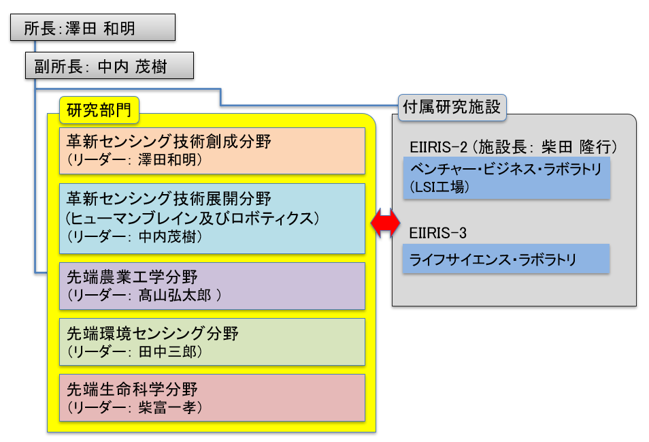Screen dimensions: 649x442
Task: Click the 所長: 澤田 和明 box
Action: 93,27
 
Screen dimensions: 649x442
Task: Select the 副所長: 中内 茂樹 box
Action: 110,65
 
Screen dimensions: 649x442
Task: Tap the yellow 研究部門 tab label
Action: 99,110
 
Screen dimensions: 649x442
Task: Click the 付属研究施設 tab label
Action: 452,108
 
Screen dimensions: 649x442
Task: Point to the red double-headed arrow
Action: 385,223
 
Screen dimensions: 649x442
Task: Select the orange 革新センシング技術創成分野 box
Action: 212,151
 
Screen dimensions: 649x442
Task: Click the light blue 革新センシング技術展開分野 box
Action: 212,219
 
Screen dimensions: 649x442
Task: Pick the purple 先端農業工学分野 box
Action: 212,286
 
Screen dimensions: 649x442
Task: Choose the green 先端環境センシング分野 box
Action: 212,342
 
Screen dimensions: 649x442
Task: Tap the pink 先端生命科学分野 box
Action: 212,398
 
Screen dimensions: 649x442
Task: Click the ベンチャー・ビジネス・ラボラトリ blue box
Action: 507,178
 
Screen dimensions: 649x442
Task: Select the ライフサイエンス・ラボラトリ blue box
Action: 505,259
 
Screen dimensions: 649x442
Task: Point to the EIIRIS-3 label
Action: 437,233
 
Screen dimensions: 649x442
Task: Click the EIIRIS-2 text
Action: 438,147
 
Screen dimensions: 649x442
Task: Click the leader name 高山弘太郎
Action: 175,296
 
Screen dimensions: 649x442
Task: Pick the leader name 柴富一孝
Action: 167,408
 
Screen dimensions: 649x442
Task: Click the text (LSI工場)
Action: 439,187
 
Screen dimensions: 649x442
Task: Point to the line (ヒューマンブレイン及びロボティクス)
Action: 193,219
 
